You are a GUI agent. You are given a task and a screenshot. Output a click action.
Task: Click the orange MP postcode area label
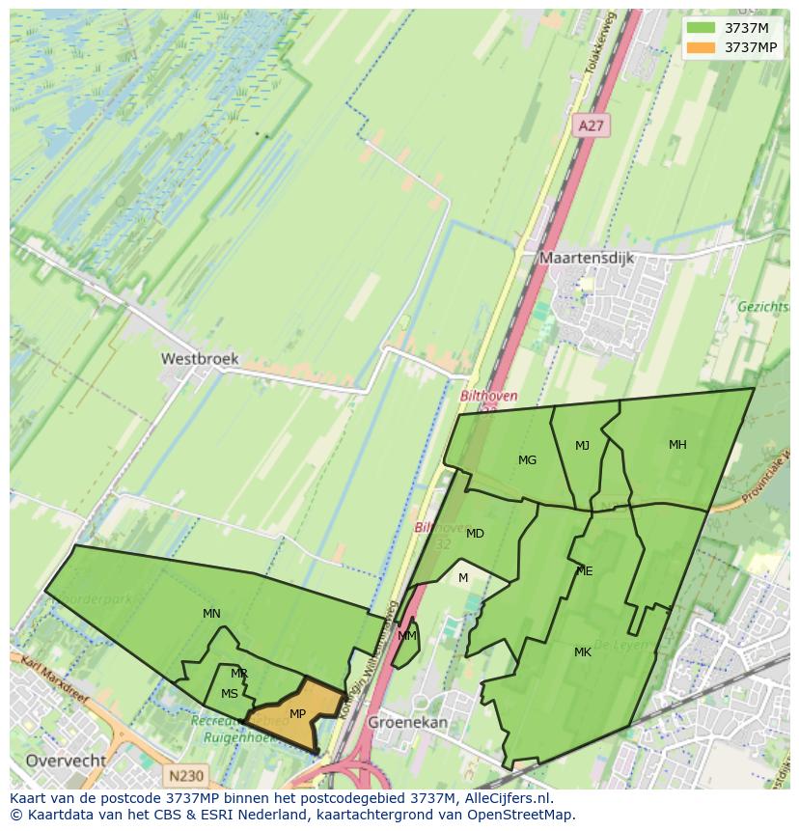point(297,714)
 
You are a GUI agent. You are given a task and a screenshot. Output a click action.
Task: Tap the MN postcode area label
point(211,614)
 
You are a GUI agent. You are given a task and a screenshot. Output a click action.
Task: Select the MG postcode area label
point(527,460)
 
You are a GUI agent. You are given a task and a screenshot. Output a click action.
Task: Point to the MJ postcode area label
point(582,446)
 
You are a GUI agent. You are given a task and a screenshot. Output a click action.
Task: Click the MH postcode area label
point(677,445)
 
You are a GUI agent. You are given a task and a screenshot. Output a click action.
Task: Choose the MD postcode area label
point(475,534)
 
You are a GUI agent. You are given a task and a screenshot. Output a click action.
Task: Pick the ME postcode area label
point(584,571)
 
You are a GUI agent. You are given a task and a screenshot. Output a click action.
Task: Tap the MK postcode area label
point(582,652)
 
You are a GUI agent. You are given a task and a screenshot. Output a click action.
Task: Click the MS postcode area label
point(229,694)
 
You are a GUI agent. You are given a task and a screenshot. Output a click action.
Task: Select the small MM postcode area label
point(407,636)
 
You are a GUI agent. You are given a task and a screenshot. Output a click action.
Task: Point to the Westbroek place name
point(200,358)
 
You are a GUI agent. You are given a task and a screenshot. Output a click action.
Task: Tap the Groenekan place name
point(409,721)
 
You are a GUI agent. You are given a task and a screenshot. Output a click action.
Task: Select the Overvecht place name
point(66,761)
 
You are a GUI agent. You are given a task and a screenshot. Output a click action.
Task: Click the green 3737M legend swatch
point(701,28)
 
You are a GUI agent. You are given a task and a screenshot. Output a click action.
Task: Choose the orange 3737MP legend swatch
point(701,47)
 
